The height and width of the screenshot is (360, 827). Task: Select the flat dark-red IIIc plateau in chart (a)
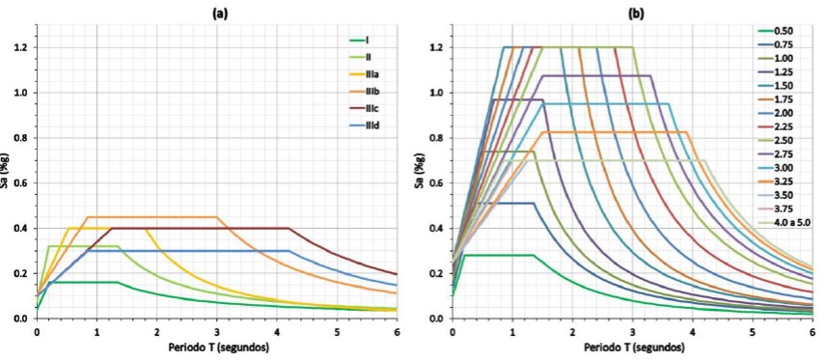[x=201, y=228]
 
